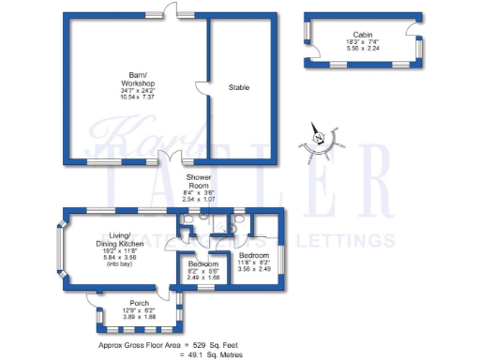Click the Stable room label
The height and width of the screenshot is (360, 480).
(240, 87)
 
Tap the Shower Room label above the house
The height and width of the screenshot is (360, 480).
(198, 181)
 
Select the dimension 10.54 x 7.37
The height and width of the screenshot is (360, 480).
(136, 97)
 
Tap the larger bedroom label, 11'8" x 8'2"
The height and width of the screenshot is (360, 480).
(254, 262)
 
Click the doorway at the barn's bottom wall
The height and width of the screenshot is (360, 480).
(174, 157)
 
